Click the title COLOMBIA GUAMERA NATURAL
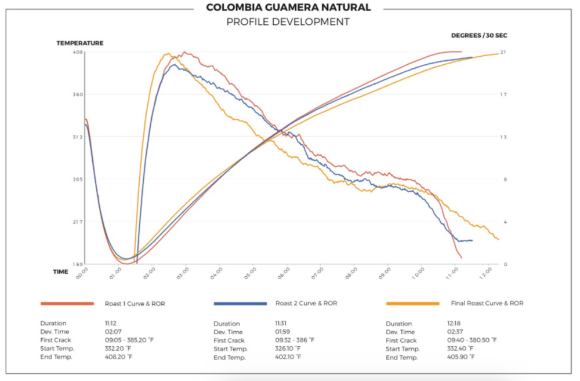[x=288, y=8]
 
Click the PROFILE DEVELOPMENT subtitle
[x=288, y=22]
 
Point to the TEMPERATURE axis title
[x=80, y=43]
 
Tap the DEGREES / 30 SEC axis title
[x=478, y=36]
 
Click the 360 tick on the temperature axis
[x=78, y=94]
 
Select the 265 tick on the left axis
[x=78, y=179]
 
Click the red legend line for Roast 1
[x=67, y=303]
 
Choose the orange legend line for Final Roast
[x=412, y=303]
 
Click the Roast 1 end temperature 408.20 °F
[x=119, y=357]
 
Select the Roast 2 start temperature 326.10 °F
[x=288, y=349]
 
